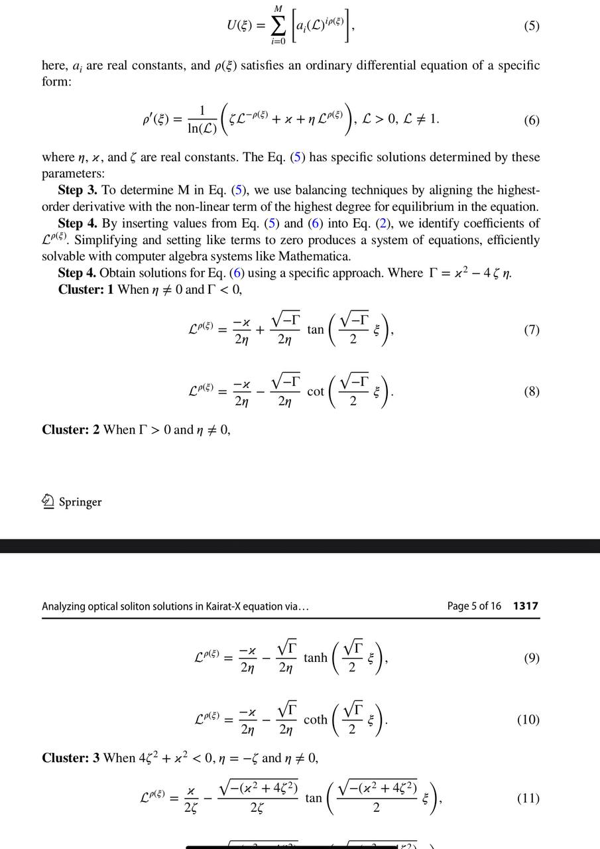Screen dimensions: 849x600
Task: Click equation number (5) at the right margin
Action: pyautogui.click(x=531, y=26)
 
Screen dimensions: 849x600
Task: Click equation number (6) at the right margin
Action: pyautogui.click(x=531, y=120)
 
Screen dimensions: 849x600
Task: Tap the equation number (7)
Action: pyautogui.click(x=531, y=330)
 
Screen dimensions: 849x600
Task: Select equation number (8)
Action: pyautogui.click(x=531, y=391)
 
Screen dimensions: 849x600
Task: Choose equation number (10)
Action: pyautogui.click(x=528, y=720)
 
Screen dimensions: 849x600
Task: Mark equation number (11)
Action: pyautogui.click(x=528, y=798)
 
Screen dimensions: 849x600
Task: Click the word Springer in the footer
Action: pyautogui.click(x=80, y=502)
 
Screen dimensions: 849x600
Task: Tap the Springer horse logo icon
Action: pyautogui.click(x=48, y=502)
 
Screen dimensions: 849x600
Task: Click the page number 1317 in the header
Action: pyautogui.click(x=526, y=606)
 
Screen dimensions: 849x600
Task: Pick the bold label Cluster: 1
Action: pyautogui.click(x=86, y=289)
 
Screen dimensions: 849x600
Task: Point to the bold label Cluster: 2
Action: pyautogui.click(x=70, y=429)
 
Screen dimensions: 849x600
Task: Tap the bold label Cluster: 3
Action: pyautogui.click(x=70, y=757)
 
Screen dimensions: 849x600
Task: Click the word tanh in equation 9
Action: pyautogui.click(x=316, y=658)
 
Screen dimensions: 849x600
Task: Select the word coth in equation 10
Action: pyautogui.click(x=316, y=720)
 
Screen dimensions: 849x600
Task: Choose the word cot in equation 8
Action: pyautogui.click(x=316, y=391)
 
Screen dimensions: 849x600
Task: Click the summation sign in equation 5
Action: pyautogui.click(x=279, y=26)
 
